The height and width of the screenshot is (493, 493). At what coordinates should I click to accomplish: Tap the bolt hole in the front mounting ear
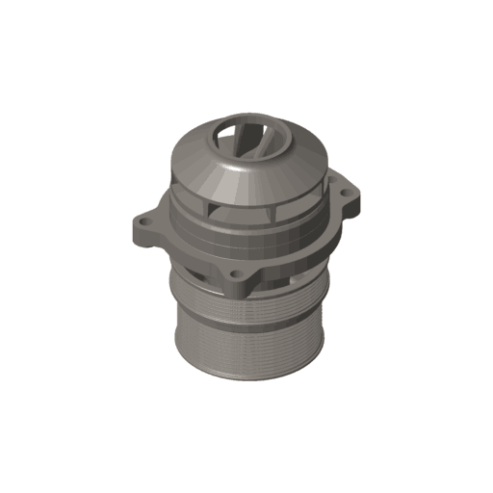[235, 273]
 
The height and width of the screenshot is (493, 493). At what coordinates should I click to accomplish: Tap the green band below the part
[246, 453]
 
